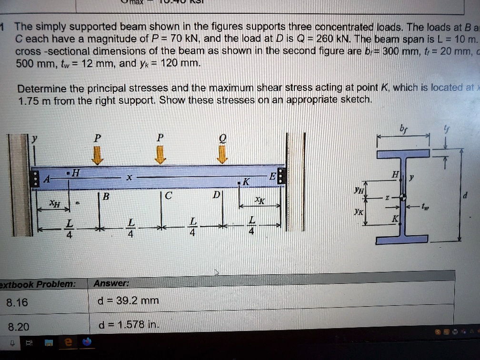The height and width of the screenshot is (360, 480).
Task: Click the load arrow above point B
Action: [97, 155]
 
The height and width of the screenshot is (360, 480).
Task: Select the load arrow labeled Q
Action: [222, 155]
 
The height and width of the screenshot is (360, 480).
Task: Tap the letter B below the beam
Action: [105, 195]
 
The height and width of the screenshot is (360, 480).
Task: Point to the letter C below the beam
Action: [168, 195]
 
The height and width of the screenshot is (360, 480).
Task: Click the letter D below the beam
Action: [217, 195]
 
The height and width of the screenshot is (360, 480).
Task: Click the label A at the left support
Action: [47, 180]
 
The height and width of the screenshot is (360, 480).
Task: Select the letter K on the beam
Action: [246, 182]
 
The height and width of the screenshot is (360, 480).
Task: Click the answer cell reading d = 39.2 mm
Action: [128, 301]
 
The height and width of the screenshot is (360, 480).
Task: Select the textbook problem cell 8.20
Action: [18, 327]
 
